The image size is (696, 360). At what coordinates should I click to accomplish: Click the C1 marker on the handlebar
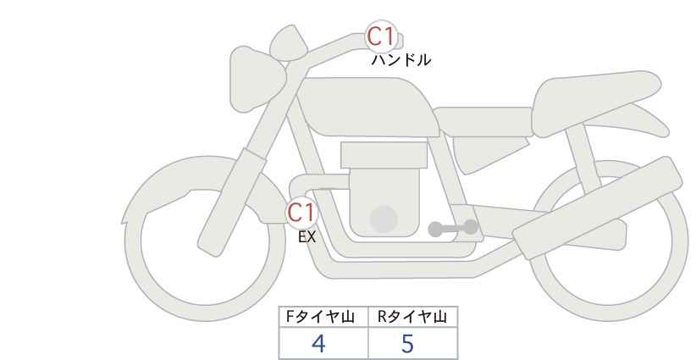pos(381,36)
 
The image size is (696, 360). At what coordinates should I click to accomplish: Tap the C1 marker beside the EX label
pos(301,212)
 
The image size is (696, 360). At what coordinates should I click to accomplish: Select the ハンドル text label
pos(400,60)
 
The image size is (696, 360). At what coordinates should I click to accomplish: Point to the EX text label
pos(307,237)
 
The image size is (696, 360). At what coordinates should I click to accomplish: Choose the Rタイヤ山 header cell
pos(413,317)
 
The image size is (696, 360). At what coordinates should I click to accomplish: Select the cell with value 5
pos(413,343)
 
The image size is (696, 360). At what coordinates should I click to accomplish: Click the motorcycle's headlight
pos(255,80)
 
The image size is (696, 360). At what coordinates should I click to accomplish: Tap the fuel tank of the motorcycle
pos(368,108)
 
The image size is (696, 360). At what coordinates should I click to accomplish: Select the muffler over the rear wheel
pos(598,208)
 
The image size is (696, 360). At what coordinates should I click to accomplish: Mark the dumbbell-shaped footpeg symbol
pos(453,228)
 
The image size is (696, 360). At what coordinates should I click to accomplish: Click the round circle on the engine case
pos(384,219)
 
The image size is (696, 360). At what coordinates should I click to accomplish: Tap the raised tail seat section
pos(594,103)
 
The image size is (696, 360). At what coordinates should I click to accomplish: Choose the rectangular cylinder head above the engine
pos(384,155)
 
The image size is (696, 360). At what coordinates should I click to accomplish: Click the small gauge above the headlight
pos(289,42)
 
